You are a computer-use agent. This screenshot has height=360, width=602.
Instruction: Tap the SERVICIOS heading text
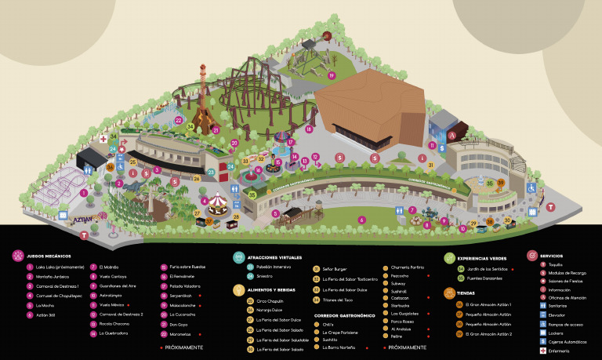point(552,256)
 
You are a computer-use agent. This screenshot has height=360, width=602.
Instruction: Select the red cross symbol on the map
point(102,139)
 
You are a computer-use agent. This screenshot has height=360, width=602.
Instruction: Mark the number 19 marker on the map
point(332,75)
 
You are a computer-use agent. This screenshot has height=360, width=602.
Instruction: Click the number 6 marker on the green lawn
point(361,220)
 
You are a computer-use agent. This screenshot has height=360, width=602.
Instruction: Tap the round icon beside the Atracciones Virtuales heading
point(238,256)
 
